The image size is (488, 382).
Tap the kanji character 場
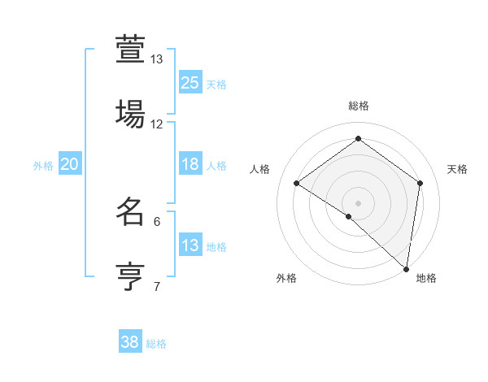pos(130,113)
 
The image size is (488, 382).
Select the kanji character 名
pos(130,211)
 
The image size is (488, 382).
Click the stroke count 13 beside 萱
pos(157,59)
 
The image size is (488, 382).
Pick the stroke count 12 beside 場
pos(157,124)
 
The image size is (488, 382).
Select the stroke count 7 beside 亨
pos(157,286)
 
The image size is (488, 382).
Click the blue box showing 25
pos(190,82)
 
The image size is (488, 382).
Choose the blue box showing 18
pos(190,164)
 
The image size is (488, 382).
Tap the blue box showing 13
pos(190,245)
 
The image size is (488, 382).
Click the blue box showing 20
pos(70,164)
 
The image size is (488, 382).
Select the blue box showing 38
pos(130,342)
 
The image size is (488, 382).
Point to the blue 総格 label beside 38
pos(157,344)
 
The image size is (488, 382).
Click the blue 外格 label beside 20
pos(43,166)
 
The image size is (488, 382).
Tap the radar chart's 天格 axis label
pos(457,169)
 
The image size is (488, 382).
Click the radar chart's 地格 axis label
pos(426,278)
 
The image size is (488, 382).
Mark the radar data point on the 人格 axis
pos(297,183)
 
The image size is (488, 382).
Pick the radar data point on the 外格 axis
pos(349,216)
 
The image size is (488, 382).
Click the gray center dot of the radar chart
pos(358,202)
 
